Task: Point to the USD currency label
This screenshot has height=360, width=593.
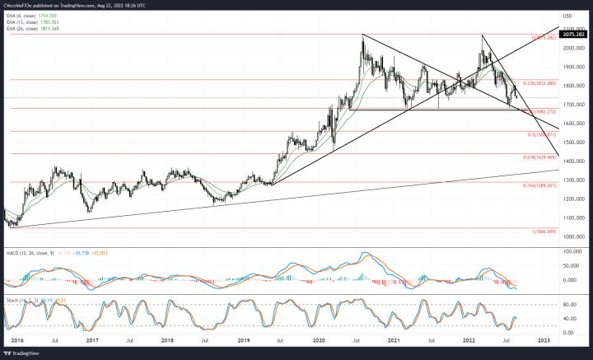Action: pyautogui.click(x=567, y=16)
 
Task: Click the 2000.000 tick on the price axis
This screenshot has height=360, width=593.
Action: pyautogui.click(x=571, y=49)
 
